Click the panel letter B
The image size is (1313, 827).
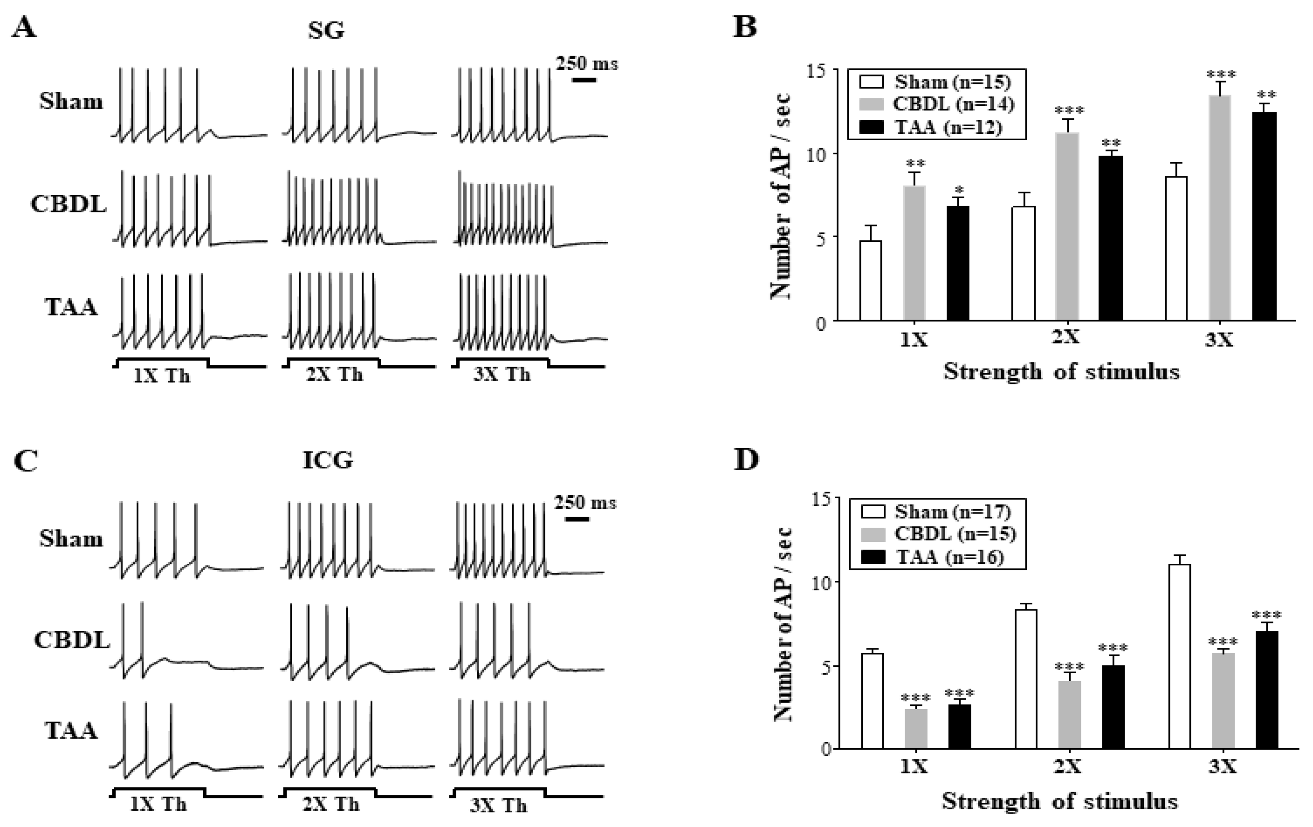745,26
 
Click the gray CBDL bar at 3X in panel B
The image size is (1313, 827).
1220,208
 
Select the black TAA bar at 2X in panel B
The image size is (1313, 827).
1111,238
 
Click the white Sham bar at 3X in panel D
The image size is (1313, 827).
1179,656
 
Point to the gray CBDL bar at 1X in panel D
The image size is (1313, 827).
916,728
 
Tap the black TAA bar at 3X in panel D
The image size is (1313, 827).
1267,690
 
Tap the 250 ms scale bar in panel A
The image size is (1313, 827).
584,80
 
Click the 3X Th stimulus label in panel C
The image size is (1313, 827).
498,805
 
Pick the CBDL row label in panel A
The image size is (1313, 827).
68,205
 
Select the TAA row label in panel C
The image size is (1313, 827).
71,731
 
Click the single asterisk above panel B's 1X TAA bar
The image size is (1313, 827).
959,190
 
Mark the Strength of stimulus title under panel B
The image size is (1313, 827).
1062,372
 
